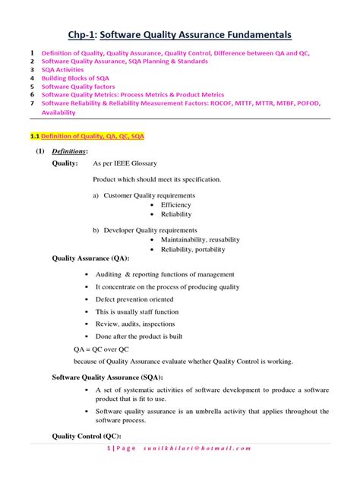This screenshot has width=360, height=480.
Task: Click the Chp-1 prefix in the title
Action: [85, 35]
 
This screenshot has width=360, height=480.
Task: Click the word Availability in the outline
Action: [58, 112]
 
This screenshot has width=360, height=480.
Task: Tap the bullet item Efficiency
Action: [176, 205]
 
